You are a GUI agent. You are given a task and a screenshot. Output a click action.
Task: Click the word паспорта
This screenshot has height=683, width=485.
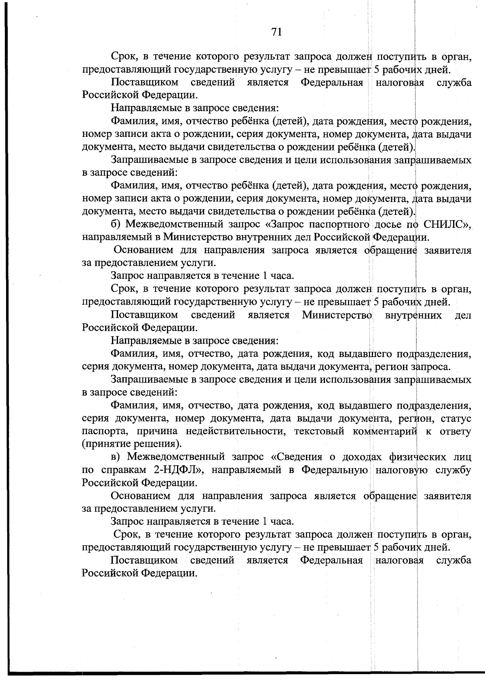coord(103,431)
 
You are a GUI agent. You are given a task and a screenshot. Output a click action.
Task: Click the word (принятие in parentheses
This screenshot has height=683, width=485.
coord(106,444)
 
